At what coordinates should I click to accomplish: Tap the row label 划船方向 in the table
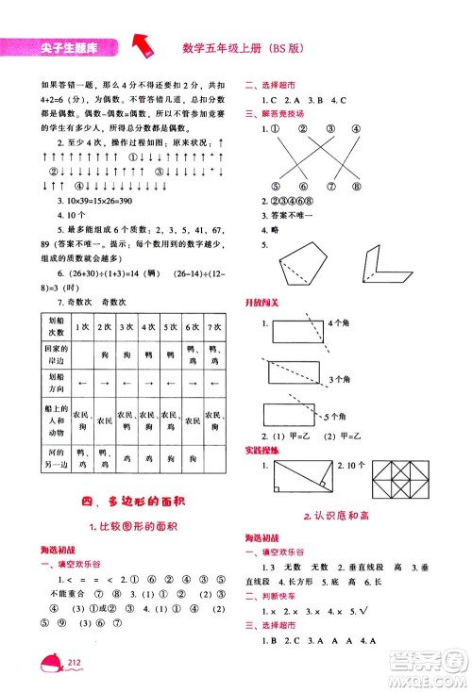[x=55, y=385]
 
